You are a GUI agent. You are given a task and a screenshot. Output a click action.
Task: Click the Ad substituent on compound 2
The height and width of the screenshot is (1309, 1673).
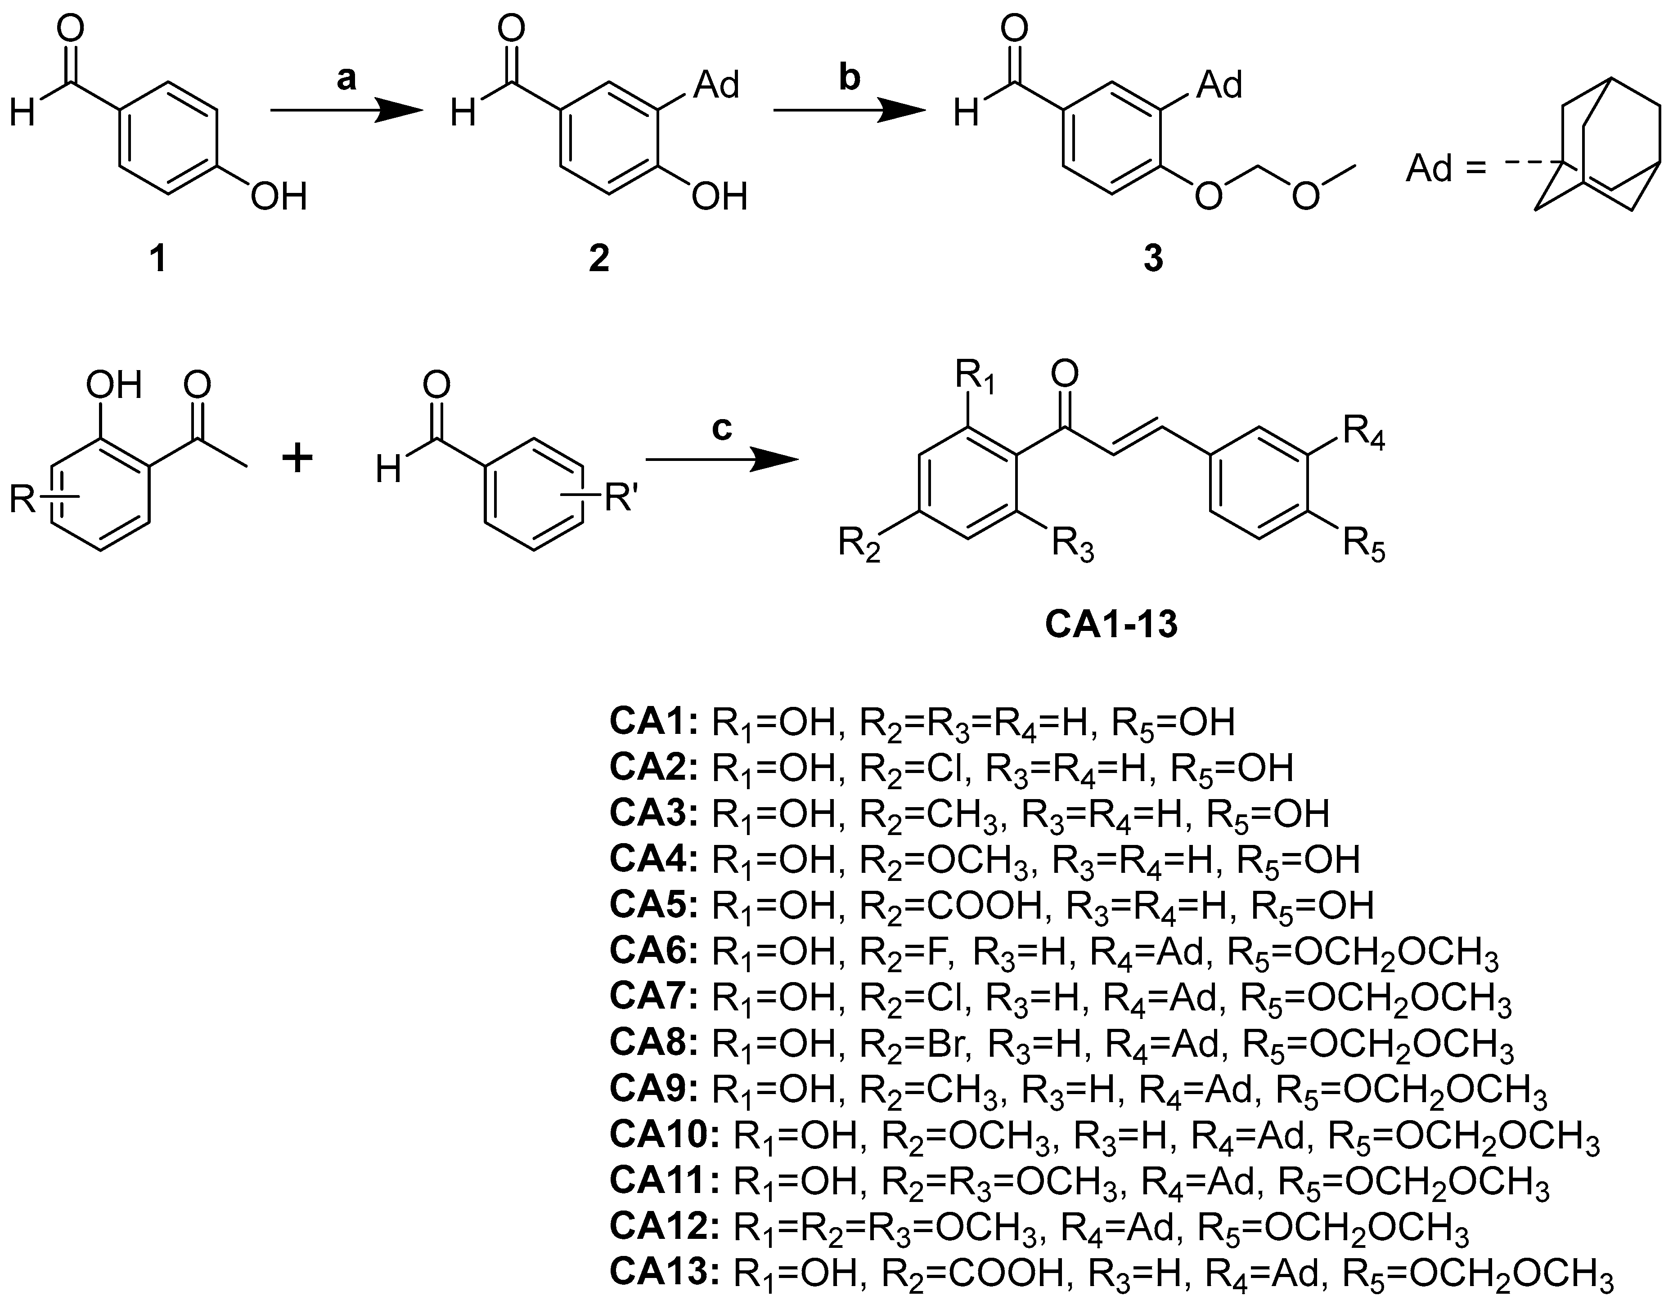pyautogui.click(x=715, y=84)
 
